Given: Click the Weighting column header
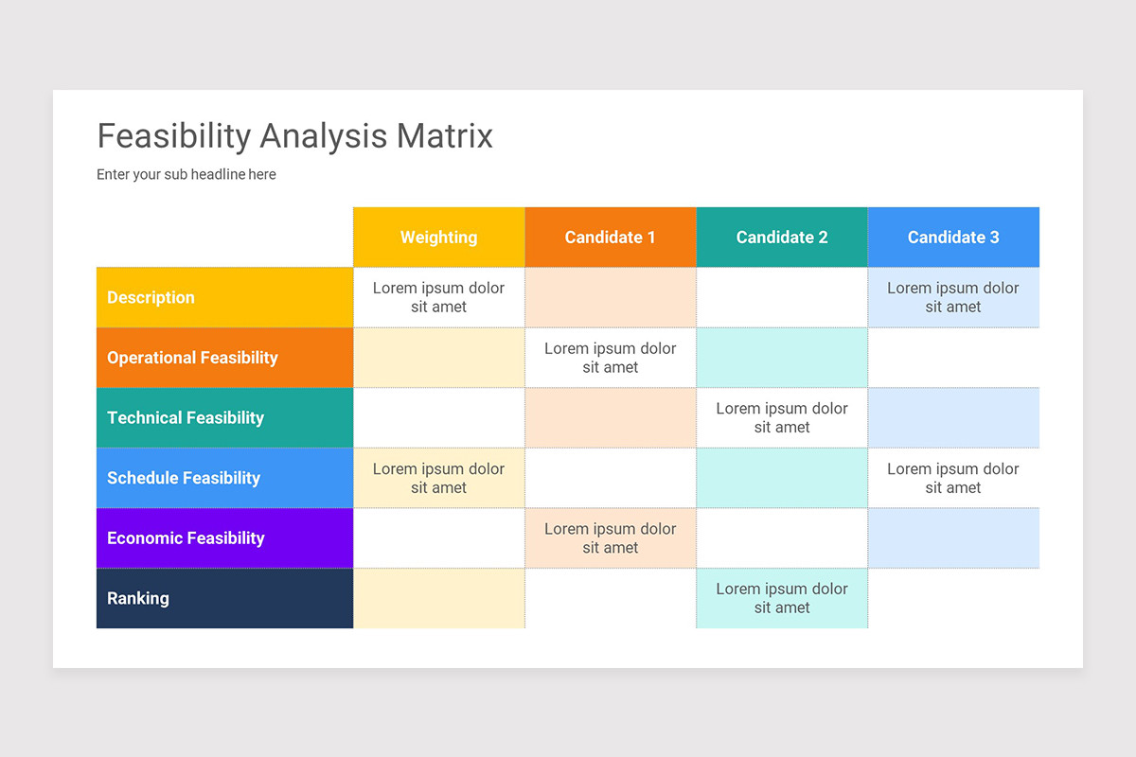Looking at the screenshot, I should click(x=438, y=238).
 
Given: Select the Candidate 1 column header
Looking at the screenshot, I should click(x=610, y=238).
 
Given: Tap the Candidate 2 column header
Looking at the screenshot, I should click(x=782, y=238).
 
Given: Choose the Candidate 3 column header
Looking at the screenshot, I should click(x=953, y=238).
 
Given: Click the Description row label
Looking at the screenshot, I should click(x=151, y=297).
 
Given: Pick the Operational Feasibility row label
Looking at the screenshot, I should click(x=192, y=358).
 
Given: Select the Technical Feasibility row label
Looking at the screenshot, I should click(x=186, y=417).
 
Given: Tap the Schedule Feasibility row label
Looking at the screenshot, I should click(x=184, y=478).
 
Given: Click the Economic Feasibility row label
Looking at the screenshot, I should click(x=186, y=537).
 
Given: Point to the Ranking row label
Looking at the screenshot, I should click(x=138, y=598).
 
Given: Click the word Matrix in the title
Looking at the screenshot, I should click(x=445, y=136).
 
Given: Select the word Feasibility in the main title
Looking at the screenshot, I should click(x=174, y=136).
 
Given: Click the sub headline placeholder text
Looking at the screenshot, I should click(x=186, y=174).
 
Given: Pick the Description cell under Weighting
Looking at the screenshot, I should click(x=438, y=297).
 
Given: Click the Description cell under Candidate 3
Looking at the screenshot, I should click(x=953, y=297).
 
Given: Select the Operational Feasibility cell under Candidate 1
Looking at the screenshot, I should click(x=610, y=358).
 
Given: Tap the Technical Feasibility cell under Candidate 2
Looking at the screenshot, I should click(x=782, y=417).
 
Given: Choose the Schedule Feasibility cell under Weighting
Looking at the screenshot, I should click(x=438, y=478).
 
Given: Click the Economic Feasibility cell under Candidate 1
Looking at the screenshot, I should click(x=610, y=537).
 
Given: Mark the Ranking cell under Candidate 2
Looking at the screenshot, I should click(x=782, y=598).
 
